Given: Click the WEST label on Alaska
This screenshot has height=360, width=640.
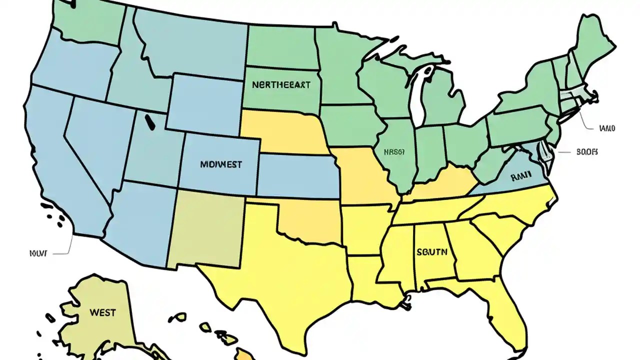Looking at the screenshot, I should click(102, 313).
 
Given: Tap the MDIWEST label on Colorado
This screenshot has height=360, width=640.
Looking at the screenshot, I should click(220, 164).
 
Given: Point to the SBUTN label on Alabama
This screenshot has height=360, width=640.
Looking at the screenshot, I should click(431, 252).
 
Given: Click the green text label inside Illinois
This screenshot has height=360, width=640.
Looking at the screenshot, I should click(394, 152).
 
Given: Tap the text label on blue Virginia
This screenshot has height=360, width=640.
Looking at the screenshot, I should click(520, 176).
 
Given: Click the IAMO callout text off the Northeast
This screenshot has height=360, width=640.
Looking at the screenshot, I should click(606, 128).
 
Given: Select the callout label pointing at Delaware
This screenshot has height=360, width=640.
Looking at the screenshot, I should click(587, 152).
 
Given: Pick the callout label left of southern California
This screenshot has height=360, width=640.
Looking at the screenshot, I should click(38, 253).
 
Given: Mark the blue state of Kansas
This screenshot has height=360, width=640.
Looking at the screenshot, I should click(297, 175).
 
